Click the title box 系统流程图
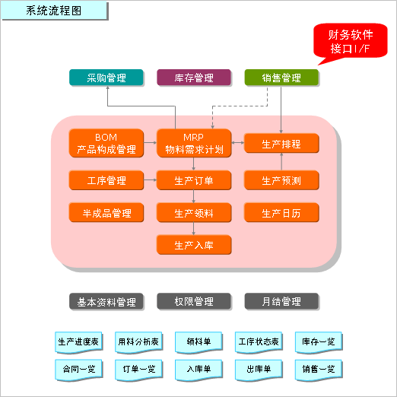55,11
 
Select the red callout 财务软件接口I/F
351,41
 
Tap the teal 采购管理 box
106,78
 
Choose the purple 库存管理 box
194,78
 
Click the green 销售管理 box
281,78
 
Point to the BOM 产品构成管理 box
106,143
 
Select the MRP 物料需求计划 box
194,143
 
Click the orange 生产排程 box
281,144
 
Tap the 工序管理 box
106,180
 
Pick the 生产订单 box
194,180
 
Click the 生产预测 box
281,180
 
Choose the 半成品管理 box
106,213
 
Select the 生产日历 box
281,213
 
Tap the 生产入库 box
194,245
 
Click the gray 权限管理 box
194,301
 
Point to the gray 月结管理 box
281,301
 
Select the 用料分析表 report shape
138,342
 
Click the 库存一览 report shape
319,342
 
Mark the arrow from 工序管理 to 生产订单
150,180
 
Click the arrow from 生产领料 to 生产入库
194,229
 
